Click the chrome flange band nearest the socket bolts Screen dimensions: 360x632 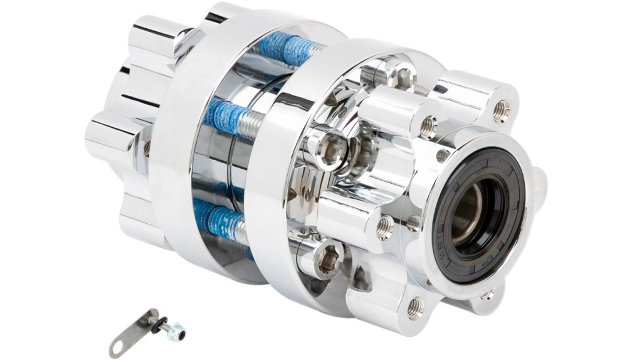click(x=267, y=180)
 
